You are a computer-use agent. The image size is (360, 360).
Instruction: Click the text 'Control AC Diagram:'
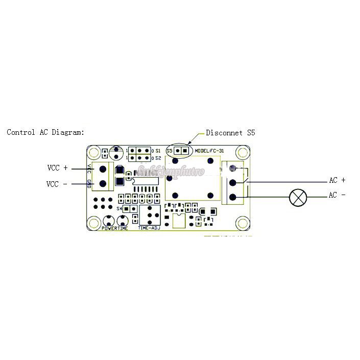(45, 132)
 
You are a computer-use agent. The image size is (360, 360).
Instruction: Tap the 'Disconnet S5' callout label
(230, 133)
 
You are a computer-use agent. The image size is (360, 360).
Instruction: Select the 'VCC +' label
(57, 167)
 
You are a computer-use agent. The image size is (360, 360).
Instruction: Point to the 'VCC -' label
(57, 183)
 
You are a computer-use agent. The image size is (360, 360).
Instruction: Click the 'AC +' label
(337, 180)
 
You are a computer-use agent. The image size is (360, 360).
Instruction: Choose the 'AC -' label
(337, 196)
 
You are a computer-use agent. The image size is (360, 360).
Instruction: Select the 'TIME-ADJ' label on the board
(149, 228)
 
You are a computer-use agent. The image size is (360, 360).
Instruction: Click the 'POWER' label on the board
(110, 228)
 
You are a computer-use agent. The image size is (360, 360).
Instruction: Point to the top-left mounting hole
(93, 152)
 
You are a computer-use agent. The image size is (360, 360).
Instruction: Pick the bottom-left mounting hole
(93, 223)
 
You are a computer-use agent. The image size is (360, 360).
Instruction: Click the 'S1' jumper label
(158, 151)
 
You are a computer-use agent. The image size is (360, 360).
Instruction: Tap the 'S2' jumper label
(158, 158)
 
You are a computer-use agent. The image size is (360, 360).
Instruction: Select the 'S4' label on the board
(119, 208)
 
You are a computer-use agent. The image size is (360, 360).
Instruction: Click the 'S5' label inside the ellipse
(169, 151)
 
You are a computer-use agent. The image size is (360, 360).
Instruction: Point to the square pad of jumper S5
(185, 151)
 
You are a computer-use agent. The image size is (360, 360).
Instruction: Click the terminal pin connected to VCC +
(103, 169)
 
